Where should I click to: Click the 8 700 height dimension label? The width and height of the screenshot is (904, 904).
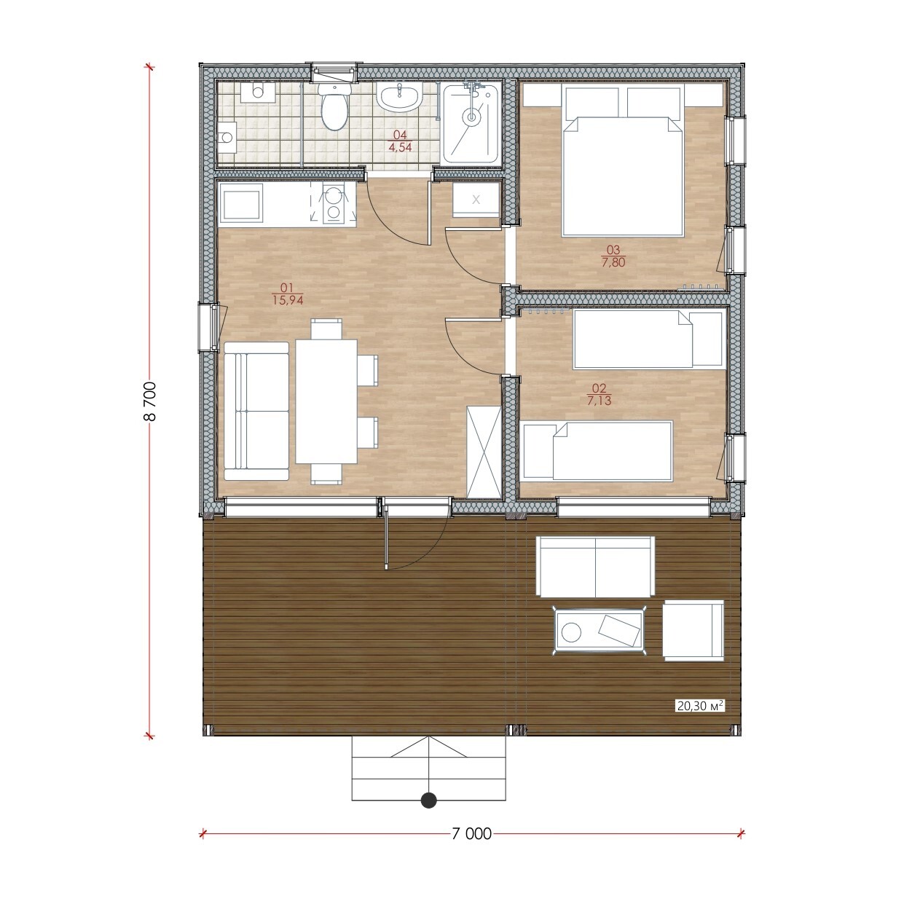pos(150,401)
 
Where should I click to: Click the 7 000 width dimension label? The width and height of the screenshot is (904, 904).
pos(471,833)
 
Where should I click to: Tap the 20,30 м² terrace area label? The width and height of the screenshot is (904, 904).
pos(699,719)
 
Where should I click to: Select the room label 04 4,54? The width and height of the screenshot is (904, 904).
pos(400,141)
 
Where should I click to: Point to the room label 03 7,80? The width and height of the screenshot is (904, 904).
pos(613,256)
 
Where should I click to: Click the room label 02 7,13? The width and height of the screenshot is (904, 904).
pos(599,394)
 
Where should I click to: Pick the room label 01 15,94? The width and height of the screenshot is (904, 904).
pos(288,294)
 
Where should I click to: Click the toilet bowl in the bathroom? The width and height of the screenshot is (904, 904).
pos(334,106)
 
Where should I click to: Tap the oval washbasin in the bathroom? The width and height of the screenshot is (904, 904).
pos(399,98)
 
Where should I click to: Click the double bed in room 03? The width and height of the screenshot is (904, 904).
pos(623,160)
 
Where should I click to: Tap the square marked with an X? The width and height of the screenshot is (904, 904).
pos(476,200)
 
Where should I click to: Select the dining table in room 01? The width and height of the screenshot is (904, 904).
pos(326,401)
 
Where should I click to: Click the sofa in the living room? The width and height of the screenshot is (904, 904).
pos(256,411)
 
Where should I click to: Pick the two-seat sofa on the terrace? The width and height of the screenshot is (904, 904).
pos(595,567)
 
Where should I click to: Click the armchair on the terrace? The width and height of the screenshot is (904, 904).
pos(693,631)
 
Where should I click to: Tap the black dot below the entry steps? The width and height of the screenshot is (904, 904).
pos(429,800)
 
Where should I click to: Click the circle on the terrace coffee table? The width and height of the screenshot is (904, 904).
pos(571,632)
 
